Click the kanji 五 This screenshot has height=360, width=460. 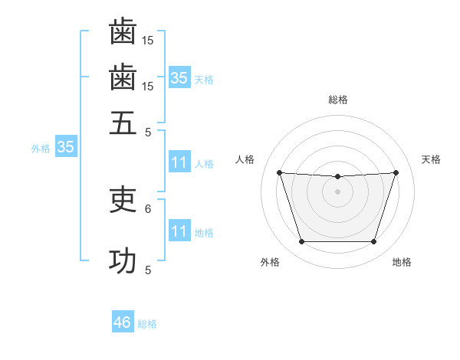pyautogui.click(x=123, y=123)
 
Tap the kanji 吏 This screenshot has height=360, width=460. pyautogui.click(x=123, y=199)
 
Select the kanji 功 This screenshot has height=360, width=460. pyautogui.click(x=123, y=260)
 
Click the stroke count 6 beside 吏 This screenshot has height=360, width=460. pyautogui.click(x=148, y=209)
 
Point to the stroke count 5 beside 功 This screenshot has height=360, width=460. pyautogui.click(x=148, y=270)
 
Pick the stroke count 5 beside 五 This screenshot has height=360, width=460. pyautogui.click(x=148, y=133)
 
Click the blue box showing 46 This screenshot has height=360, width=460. pyautogui.click(x=123, y=321)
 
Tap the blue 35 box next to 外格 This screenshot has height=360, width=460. pyautogui.click(x=66, y=146)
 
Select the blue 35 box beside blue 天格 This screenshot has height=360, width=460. pyautogui.click(x=180, y=77)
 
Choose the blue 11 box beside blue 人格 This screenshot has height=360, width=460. pyautogui.click(x=180, y=162)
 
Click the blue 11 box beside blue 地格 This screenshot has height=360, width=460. pyautogui.click(x=180, y=230)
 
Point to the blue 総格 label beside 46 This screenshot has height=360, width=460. pyautogui.click(x=147, y=324)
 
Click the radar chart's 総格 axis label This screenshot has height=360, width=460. pyautogui.click(x=338, y=100)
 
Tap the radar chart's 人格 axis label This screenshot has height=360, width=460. pyautogui.click(x=245, y=159)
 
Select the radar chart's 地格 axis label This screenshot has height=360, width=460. pyautogui.click(x=402, y=262)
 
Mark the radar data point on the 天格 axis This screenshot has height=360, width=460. pyautogui.click(x=396, y=172)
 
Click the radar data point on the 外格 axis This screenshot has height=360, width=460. pyautogui.click(x=302, y=242)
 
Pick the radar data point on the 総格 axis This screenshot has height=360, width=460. pyautogui.click(x=337, y=176)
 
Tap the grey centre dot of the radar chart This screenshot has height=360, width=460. pyautogui.click(x=337, y=191)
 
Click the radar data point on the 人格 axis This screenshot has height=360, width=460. pyautogui.click(x=280, y=172)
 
